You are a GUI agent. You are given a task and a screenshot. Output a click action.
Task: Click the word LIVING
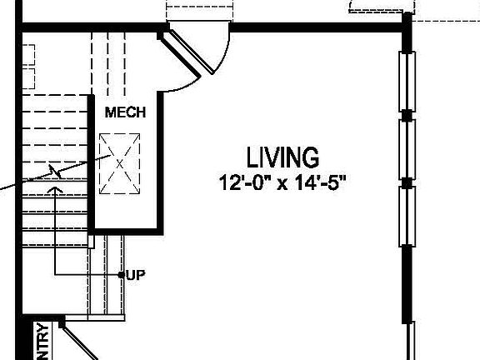point(282,157)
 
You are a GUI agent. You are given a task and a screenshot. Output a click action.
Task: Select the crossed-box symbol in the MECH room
point(118,163)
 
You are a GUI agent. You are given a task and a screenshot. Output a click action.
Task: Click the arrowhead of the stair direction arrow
point(56,191)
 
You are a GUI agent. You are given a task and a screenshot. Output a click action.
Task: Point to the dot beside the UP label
point(122,274)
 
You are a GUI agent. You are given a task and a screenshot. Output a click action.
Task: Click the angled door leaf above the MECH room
point(182,53)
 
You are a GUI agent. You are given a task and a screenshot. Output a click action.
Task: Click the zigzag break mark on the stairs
point(56,172)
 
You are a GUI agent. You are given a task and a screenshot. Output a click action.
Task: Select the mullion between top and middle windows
point(407,114)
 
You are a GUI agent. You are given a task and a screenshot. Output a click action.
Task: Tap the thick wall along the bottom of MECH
point(126,228)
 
